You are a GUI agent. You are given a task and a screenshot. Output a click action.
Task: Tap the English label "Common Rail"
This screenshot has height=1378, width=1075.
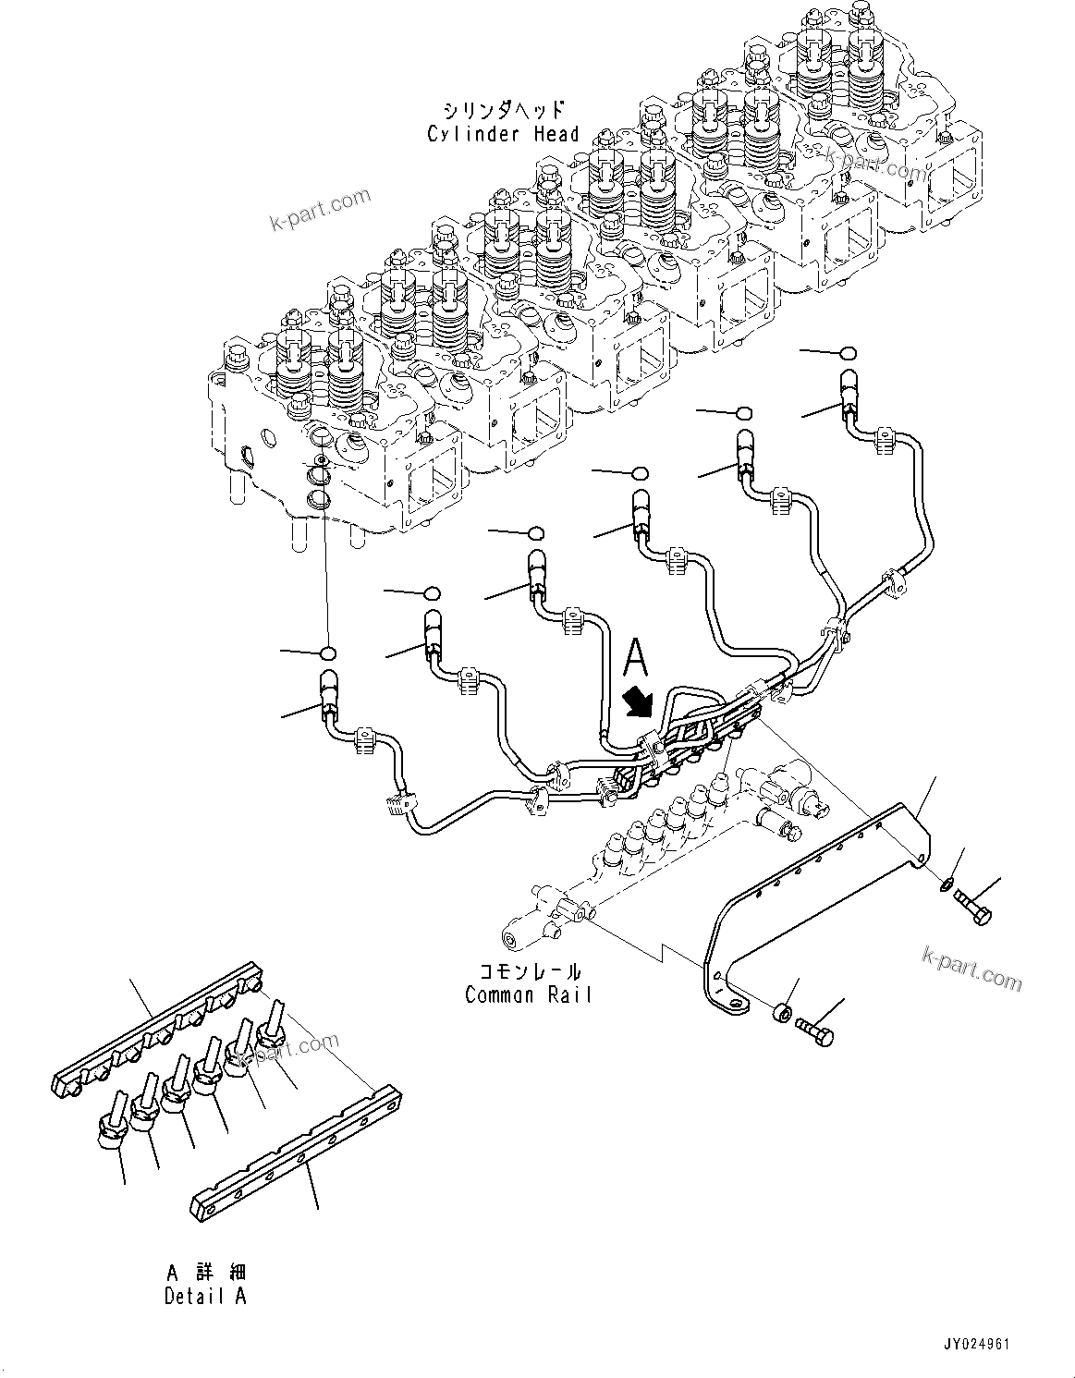point(527,995)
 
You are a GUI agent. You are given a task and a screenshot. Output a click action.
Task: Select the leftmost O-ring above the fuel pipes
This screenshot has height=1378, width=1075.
point(326,654)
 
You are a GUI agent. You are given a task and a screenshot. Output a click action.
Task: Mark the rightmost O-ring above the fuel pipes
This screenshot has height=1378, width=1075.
point(848,353)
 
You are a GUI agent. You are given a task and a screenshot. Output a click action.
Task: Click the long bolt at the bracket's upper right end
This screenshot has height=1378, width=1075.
point(971,906)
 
